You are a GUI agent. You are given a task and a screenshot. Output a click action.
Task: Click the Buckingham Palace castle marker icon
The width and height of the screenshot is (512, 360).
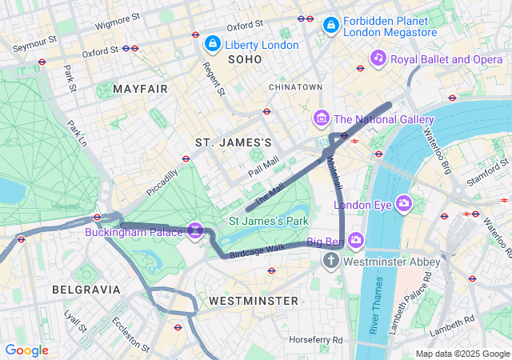pos(194,230)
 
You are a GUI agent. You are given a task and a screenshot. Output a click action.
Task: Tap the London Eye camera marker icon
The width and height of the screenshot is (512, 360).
pos(404,204)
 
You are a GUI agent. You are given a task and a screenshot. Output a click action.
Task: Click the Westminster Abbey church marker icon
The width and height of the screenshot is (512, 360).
pos(331,261)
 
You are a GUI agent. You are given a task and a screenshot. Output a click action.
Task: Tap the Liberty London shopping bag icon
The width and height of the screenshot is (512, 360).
pos(212,44)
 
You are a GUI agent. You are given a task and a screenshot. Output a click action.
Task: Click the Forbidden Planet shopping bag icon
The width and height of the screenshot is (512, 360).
pos(330,26)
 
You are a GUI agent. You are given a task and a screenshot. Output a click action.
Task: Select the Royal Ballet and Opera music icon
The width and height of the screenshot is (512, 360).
pos(379,58)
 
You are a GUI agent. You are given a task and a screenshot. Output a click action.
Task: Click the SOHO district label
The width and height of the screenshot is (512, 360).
pos(244,60)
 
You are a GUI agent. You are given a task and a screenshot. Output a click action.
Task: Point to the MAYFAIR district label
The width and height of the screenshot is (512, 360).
pos(141,89)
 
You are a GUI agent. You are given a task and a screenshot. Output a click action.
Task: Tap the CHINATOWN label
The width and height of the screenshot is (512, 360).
pos(295,86)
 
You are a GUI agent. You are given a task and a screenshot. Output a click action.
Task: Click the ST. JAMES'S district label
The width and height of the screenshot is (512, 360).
pos(234,142)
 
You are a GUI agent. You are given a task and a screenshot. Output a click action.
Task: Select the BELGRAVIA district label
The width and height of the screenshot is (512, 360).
pos(86,289)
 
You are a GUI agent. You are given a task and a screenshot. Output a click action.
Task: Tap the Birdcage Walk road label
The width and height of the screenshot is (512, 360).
pos(257,250)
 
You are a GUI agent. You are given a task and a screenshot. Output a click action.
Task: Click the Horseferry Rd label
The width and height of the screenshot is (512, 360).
pos(316,340)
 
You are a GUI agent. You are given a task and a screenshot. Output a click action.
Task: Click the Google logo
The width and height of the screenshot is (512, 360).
pos(26,350)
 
